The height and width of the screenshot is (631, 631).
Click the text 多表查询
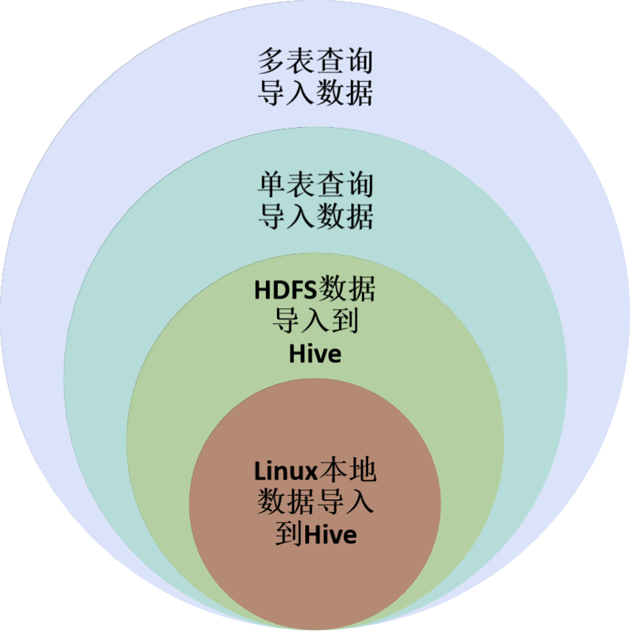pos(315,61)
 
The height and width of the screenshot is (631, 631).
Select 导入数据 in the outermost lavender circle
pos(315,93)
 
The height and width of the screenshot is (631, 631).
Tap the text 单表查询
pos(315,185)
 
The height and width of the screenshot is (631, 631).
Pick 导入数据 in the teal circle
pos(315,216)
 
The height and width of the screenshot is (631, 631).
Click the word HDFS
pos(285,290)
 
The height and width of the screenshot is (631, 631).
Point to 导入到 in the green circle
pos(315,321)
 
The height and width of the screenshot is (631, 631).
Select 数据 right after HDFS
pos(347,290)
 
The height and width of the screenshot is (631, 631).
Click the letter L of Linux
pos(259,471)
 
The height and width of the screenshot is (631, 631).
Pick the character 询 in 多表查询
pos(359,61)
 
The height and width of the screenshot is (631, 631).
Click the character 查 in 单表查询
pos(330,185)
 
